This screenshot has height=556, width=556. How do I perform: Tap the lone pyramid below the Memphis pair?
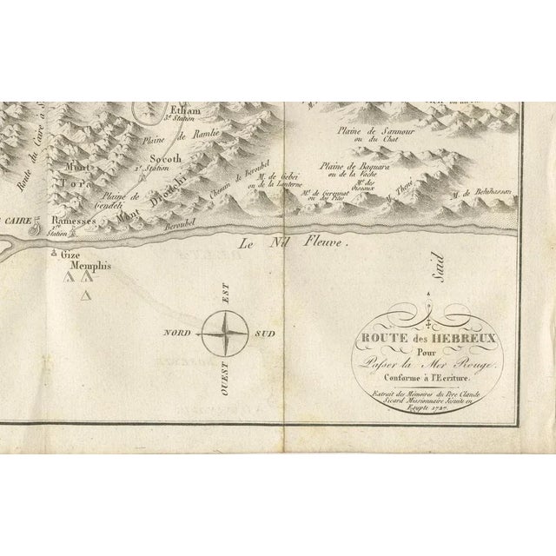coord(84,297)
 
